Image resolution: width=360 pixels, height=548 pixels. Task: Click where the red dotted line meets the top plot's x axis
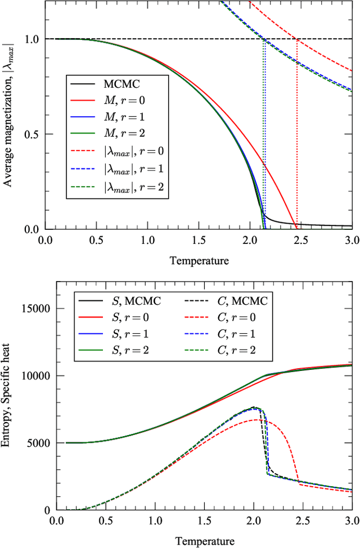pyautogui.click(x=296, y=229)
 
